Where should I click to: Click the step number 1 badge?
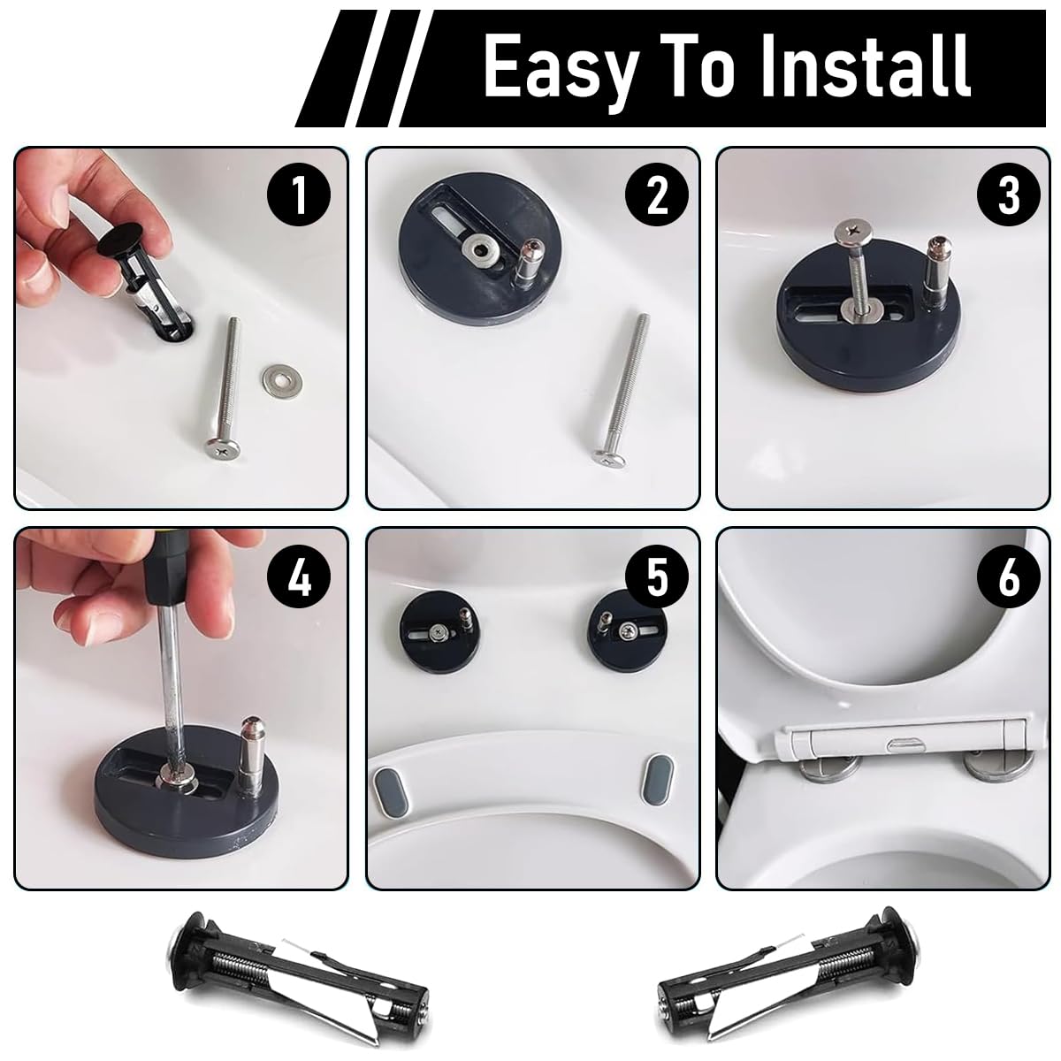coord(300,195)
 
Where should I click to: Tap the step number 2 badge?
coord(656,195)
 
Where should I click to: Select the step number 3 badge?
coord(1009,195)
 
